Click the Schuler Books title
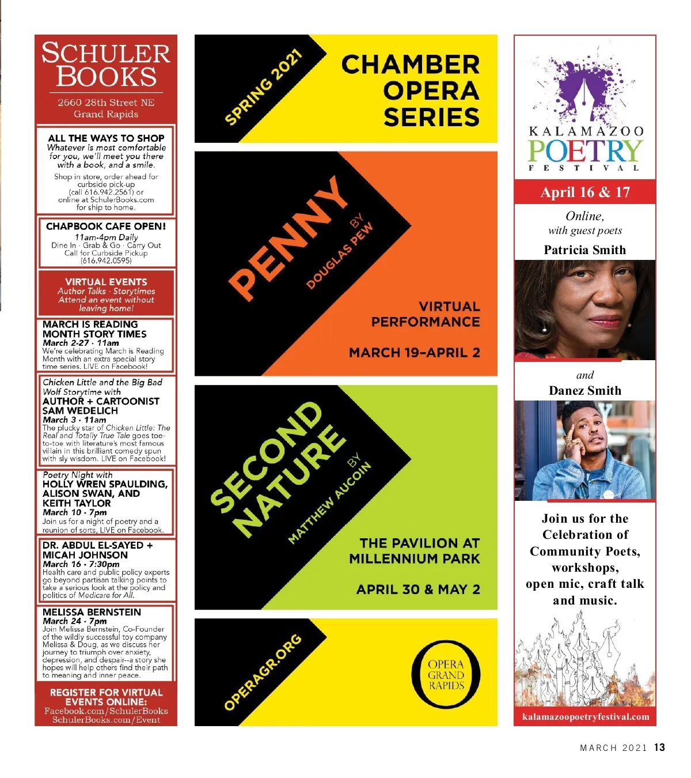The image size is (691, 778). pyautogui.click(x=106, y=65)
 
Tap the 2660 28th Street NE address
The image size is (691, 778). pyautogui.click(x=106, y=103)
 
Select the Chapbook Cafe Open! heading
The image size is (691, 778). pyautogui.click(x=106, y=226)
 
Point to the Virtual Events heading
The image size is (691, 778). pyautogui.click(x=106, y=282)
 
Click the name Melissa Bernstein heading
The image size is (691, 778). pyautogui.click(x=92, y=612)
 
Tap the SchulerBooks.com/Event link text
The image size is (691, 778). pyautogui.click(x=106, y=720)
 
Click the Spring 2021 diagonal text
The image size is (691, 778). pyautogui.click(x=264, y=88)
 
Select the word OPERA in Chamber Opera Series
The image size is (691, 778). pyautogui.click(x=431, y=91)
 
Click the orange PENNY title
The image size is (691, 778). pyautogui.click(x=288, y=237)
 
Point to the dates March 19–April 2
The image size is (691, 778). pyautogui.click(x=414, y=353)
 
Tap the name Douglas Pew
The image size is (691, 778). pyautogui.click(x=340, y=255)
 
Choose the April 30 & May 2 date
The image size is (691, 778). pyautogui.click(x=418, y=590)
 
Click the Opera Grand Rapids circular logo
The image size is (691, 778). pyautogui.click(x=446, y=674)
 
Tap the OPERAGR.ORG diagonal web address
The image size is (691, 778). pyautogui.click(x=263, y=672)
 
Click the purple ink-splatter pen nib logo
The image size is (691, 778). pyautogui.click(x=584, y=86)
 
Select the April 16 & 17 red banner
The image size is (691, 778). pyautogui.click(x=584, y=192)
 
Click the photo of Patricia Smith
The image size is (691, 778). pyautogui.click(x=584, y=309)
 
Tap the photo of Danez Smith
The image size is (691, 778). pyautogui.click(x=584, y=450)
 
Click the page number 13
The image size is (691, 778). pyautogui.click(x=659, y=747)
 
